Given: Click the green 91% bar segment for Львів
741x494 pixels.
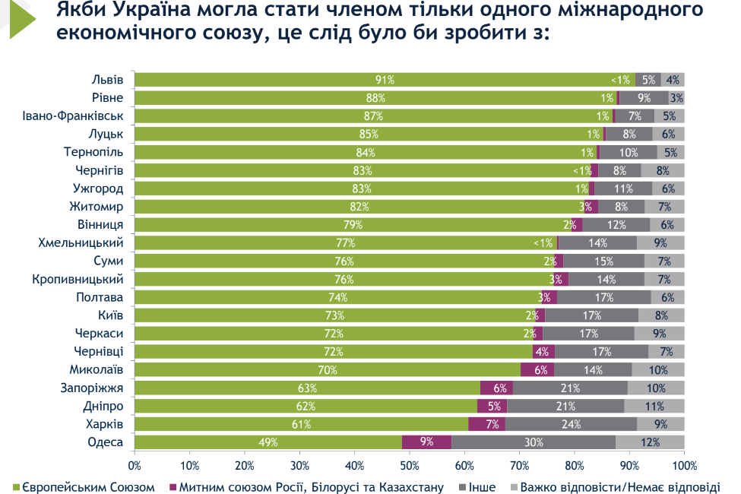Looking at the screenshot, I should [x=384, y=80].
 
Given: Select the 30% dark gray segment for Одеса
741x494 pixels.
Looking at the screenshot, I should [x=534, y=442].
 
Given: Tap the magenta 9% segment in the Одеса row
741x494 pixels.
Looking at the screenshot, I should [x=426, y=442].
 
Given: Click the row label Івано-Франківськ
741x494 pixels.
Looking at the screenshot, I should [x=73, y=116].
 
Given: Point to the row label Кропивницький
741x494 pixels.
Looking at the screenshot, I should [x=78, y=279].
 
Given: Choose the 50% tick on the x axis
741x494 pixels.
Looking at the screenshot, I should [x=410, y=464].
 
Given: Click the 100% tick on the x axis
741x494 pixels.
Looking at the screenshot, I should [x=684, y=464].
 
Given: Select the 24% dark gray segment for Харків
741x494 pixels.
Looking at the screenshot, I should [x=571, y=424].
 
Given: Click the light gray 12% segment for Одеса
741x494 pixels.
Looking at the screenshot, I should [x=650, y=442].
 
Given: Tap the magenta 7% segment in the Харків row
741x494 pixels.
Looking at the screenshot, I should [x=486, y=424].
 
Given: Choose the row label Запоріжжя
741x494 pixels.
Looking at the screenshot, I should [x=93, y=388].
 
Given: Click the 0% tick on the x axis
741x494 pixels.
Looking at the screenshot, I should [x=135, y=464].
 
